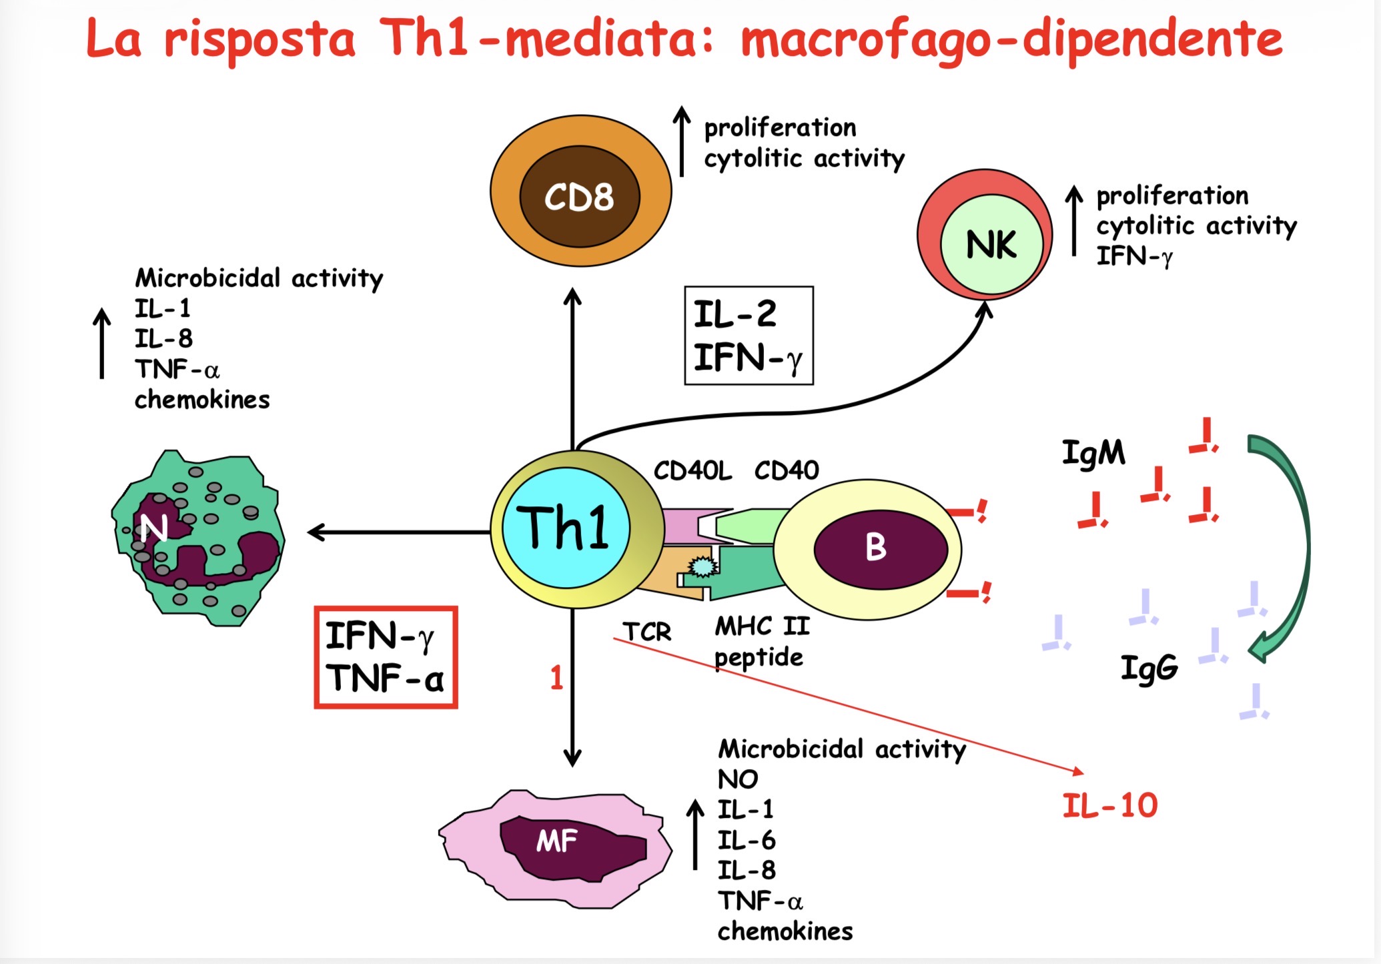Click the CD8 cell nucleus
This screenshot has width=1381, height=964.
579,197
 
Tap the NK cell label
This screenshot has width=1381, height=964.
991,245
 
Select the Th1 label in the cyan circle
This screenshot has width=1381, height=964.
563,528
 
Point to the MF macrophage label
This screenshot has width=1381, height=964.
556,841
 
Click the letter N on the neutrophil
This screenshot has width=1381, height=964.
153,528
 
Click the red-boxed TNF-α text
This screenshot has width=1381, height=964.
385,678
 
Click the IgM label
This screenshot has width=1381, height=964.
1093,453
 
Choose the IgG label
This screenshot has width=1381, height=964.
1149,668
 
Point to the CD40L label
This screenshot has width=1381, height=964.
693,471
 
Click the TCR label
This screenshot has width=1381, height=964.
646,632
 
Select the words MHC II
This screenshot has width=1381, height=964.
762,626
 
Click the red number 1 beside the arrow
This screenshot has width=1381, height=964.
556,678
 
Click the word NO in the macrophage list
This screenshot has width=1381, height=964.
737,779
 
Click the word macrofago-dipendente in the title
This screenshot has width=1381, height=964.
1011,39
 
